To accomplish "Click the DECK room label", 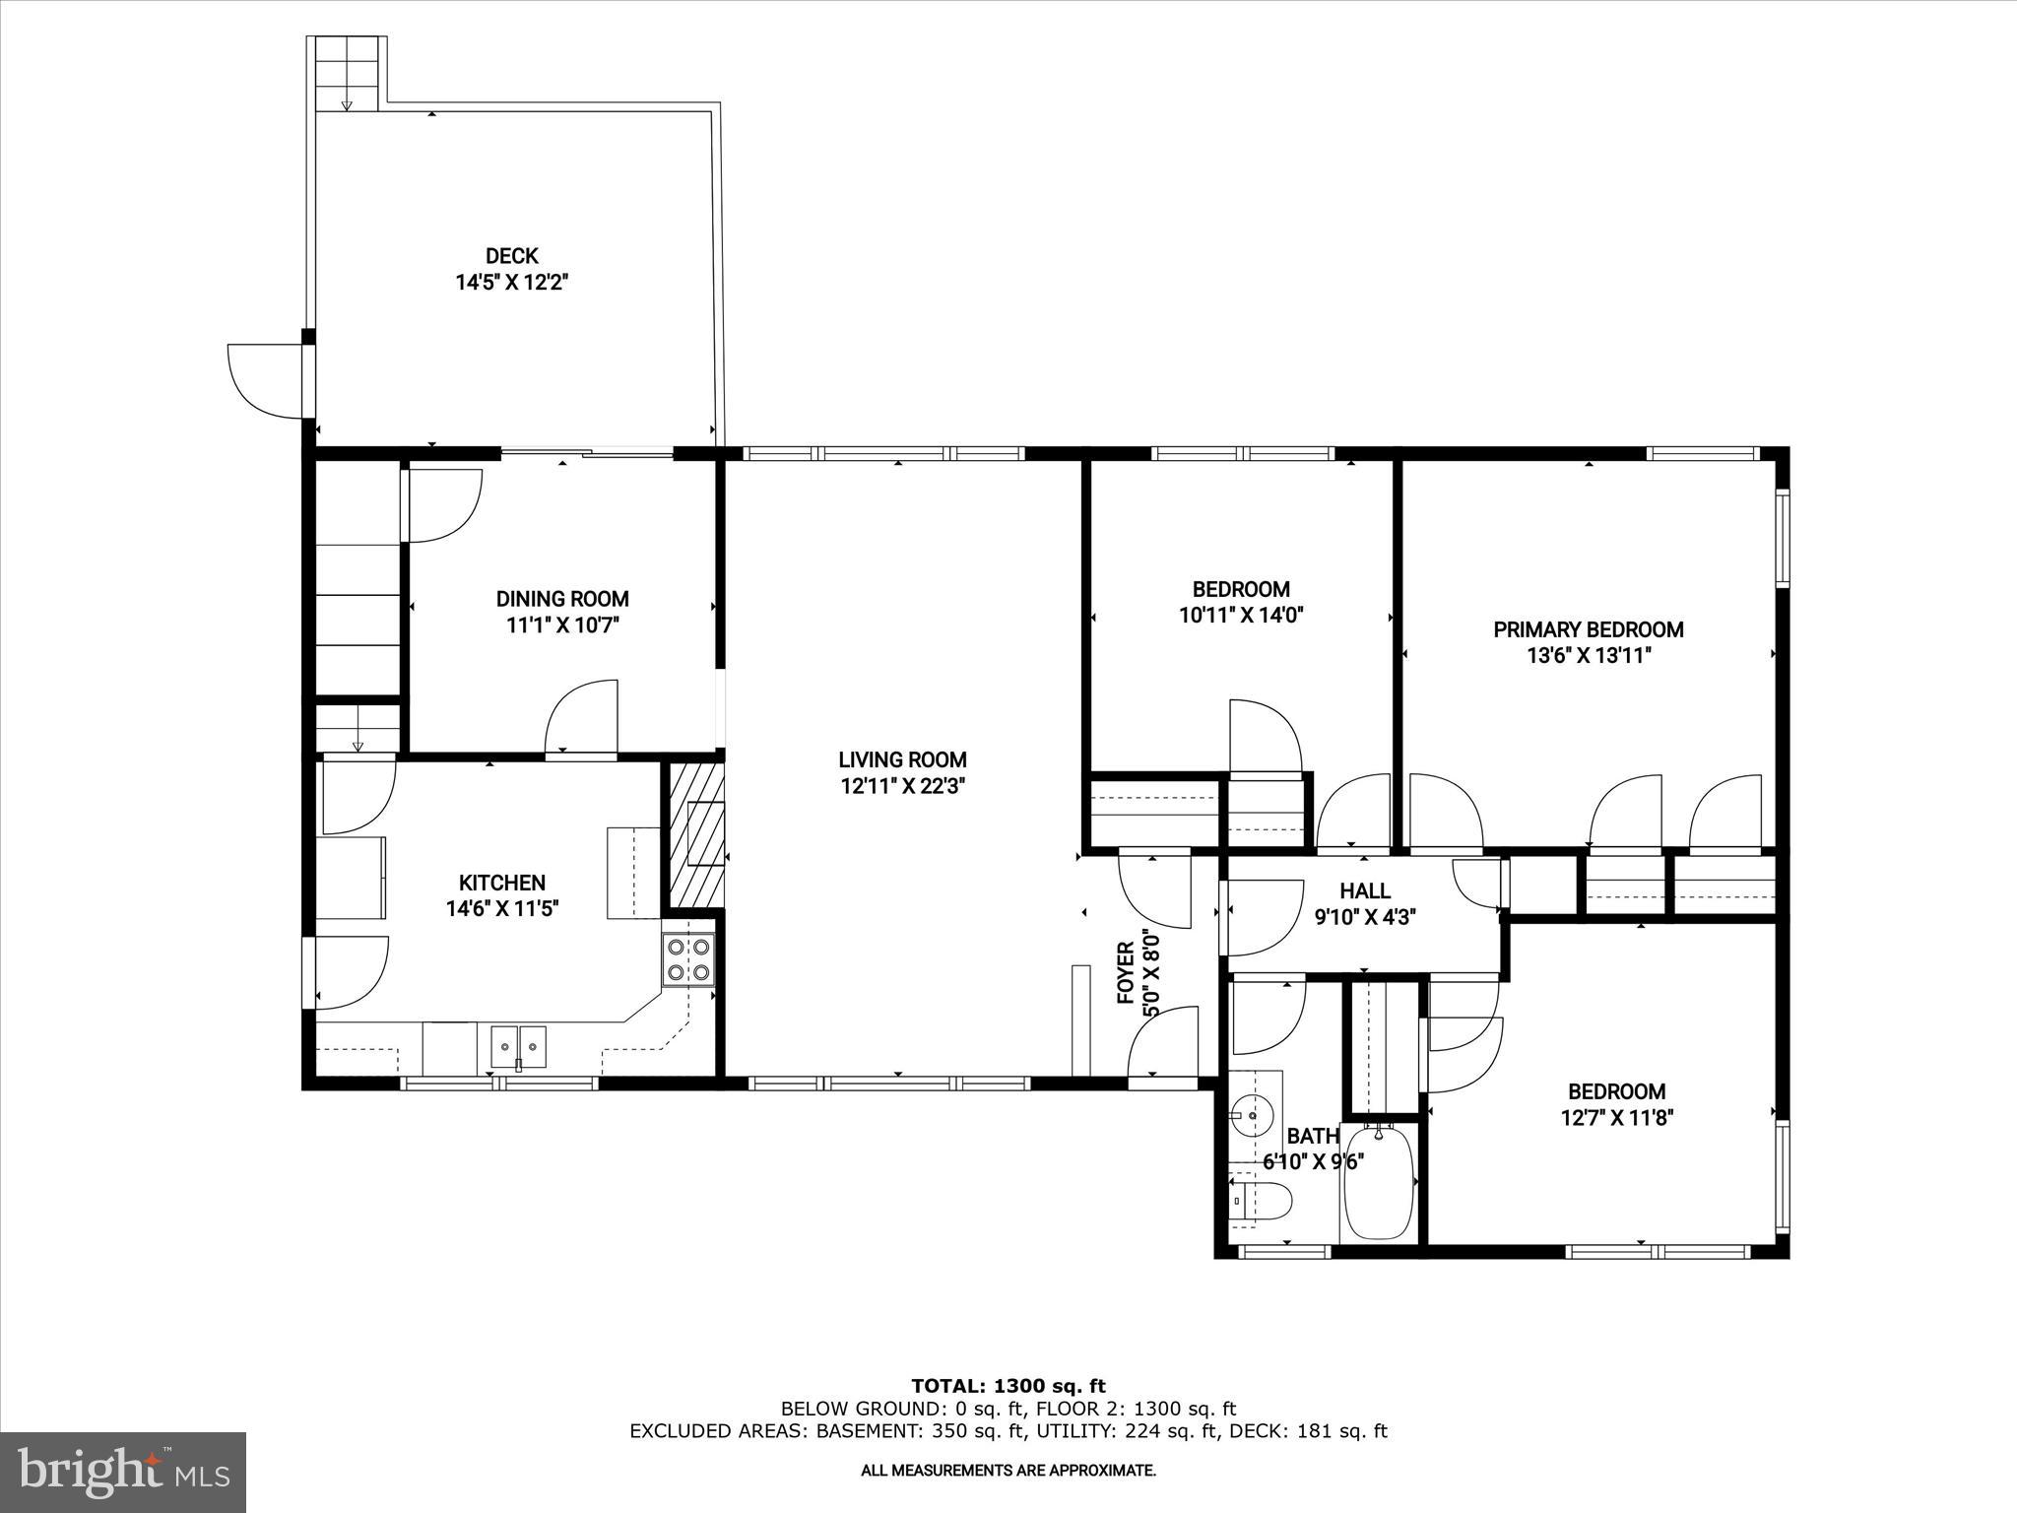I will [511, 256].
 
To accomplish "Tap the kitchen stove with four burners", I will [688, 959].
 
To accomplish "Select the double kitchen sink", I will [518, 1045].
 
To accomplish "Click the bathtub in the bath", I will [1379, 1182].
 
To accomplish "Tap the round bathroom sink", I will [1248, 1115].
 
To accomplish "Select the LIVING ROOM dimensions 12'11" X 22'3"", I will [902, 786].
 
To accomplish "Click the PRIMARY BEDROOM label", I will [1588, 629].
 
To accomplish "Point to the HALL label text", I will [1365, 890].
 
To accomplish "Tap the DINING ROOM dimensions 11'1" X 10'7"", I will [561, 625].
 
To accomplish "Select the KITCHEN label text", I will [501, 883].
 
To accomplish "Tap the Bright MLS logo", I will [123, 1473].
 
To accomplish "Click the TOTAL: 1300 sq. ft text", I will [1008, 1386].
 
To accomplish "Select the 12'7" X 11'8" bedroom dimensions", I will [1616, 1118].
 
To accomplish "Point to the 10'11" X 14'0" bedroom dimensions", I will [1241, 616].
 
